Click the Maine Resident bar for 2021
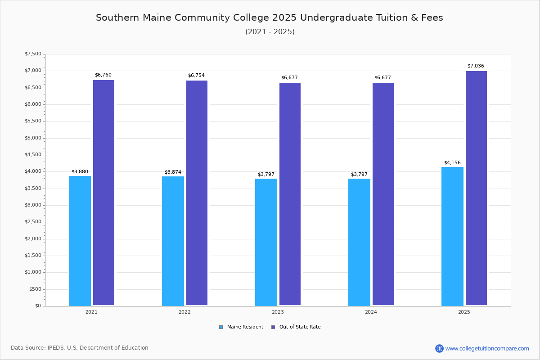[80, 241]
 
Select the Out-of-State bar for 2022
[197, 193]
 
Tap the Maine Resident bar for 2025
[452, 236]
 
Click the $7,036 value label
[476, 66]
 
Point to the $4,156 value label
[452, 163]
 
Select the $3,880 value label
[80, 172]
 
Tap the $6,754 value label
[196, 76]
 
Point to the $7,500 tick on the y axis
[33, 54]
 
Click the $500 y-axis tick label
[35, 289]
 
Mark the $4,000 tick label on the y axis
[33, 171]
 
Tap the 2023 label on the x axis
[278, 312]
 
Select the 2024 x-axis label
[371, 312]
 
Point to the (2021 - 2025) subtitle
[270, 32]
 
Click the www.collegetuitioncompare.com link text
[487, 348]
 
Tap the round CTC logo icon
[439, 348]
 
